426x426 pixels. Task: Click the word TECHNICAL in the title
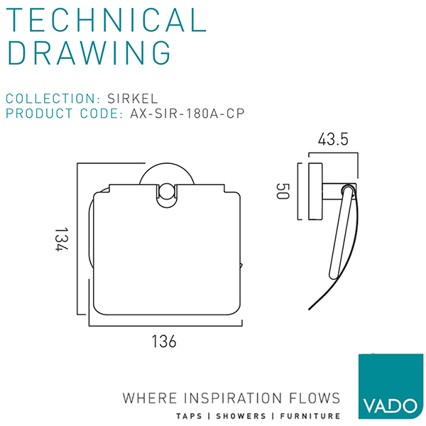(x=106, y=20)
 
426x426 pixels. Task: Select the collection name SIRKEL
(x=133, y=99)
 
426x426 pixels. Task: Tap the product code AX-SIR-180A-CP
(x=187, y=114)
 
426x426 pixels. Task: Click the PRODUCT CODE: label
(x=65, y=114)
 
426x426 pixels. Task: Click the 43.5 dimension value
(x=333, y=139)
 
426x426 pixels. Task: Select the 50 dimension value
(x=283, y=191)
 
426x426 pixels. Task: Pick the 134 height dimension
(x=61, y=239)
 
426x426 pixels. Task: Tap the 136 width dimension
(x=164, y=342)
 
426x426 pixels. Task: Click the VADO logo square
(x=390, y=386)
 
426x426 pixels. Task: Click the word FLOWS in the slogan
(x=315, y=398)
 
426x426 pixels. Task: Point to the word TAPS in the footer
(x=189, y=416)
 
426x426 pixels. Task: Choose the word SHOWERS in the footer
(x=241, y=416)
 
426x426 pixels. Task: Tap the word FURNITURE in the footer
(x=310, y=416)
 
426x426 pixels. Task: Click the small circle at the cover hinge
(x=166, y=192)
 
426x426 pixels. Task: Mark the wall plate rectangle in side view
(x=315, y=191)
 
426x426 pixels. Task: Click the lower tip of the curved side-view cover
(x=309, y=309)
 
